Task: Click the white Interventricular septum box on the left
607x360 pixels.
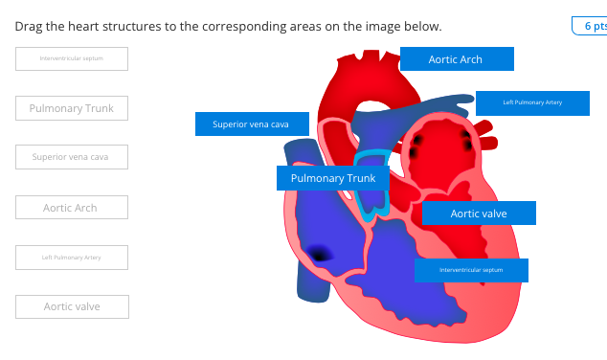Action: click(72, 58)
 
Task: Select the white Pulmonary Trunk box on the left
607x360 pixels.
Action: click(72, 108)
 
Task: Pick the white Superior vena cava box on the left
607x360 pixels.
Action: click(72, 157)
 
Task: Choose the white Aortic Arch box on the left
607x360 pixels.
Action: click(72, 207)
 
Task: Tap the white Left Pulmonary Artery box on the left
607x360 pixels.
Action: click(72, 257)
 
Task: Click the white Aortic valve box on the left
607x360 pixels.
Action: click(72, 306)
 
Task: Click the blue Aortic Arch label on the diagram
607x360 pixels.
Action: click(457, 59)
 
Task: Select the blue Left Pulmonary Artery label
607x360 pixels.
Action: click(532, 102)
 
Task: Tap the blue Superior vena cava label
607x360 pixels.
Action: click(252, 124)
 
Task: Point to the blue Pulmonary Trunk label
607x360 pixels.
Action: click(333, 178)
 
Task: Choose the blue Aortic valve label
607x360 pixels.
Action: click(479, 214)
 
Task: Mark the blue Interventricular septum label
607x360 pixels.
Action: click(471, 270)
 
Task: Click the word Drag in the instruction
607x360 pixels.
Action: click(31, 26)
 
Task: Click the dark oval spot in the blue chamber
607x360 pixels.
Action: click(318, 253)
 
